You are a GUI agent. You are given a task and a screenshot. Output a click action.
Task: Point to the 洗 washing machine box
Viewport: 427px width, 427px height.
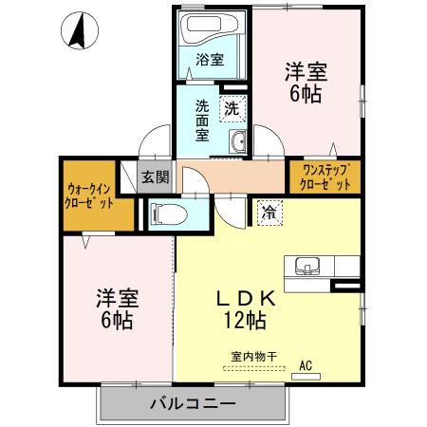(232, 109)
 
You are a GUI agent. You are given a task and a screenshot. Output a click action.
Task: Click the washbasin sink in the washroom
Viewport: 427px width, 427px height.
(237, 143)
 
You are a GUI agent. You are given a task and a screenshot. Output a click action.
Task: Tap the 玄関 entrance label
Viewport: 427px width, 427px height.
(156, 176)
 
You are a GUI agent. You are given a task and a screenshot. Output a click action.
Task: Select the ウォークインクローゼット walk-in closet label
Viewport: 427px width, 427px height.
(91, 195)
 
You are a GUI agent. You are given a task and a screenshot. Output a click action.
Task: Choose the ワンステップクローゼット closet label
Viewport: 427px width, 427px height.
(325, 176)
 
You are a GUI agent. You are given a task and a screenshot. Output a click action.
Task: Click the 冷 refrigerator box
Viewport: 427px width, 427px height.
(269, 214)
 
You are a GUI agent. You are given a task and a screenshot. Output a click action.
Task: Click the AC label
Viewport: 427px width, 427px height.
(306, 362)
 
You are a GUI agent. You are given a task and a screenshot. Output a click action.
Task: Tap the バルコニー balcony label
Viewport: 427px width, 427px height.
(193, 404)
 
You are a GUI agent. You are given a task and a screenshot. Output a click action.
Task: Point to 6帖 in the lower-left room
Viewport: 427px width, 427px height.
(118, 320)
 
